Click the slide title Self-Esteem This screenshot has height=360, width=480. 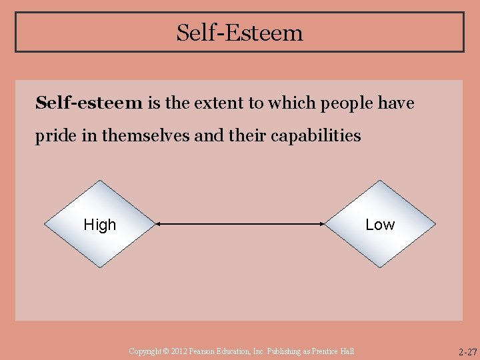click(x=239, y=32)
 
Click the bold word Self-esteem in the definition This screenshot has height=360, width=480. click(x=89, y=103)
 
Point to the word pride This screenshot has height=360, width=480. click(x=55, y=136)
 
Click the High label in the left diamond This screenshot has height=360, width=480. click(x=100, y=225)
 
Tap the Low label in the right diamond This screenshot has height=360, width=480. click(x=380, y=225)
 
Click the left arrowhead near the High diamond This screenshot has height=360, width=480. click(x=159, y=225)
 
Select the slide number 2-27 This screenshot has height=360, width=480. click(x=467, y=351)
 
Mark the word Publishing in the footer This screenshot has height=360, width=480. click(x=281, y=351)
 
